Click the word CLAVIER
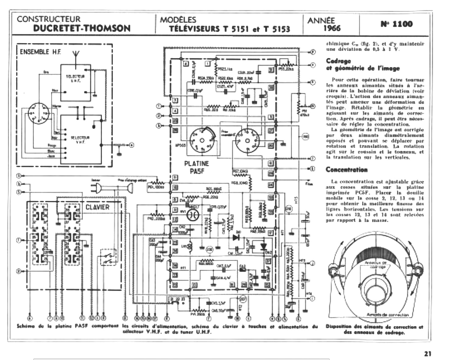tap(97, 207)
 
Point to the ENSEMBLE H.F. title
tap(40, 52)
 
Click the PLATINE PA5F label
tap(197, 167)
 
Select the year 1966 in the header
tap(332, 29)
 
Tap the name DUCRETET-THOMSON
tap(82, 28)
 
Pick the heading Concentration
tap(347, 170)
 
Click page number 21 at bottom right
tap(428, 354)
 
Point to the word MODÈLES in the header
tap(178, 20)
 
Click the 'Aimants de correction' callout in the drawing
tap(388, 315)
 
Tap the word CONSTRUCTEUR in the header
tap(49, 19)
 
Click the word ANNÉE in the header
tap(321, 21)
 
